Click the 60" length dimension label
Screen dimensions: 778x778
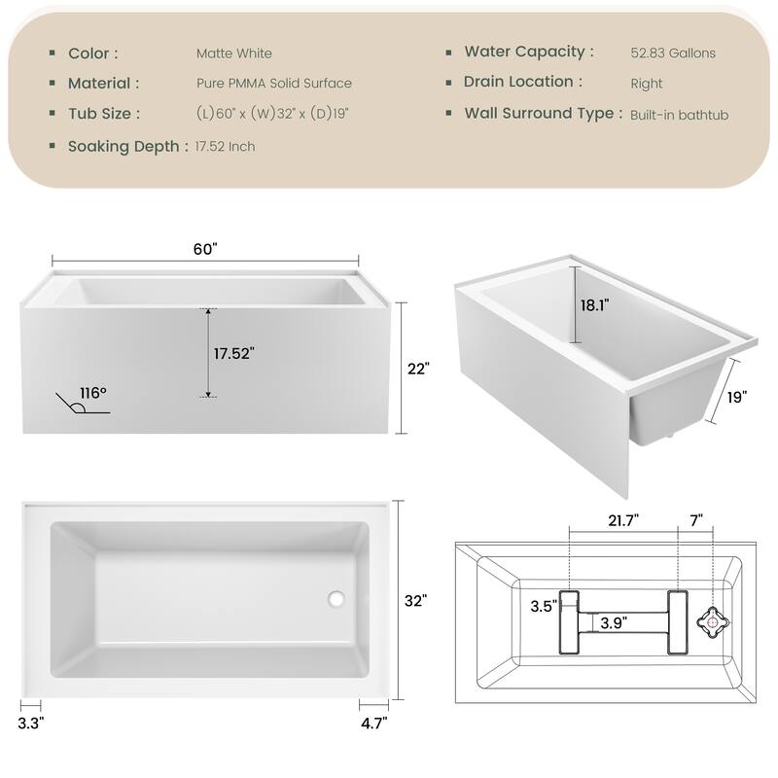click(204, 249)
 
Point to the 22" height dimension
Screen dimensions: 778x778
click(419, 369)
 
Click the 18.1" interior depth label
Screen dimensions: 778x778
click(594, 304)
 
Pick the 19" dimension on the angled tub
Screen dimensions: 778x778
click(736, 397)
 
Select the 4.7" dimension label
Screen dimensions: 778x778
click(374, 724)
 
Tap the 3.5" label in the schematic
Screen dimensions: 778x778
click(543, 607)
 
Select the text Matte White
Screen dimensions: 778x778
click(233, 53)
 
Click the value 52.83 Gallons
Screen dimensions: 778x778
click(673, 53)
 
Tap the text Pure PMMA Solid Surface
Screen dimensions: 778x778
click(273, 84)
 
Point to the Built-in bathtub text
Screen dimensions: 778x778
click(679, 115)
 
